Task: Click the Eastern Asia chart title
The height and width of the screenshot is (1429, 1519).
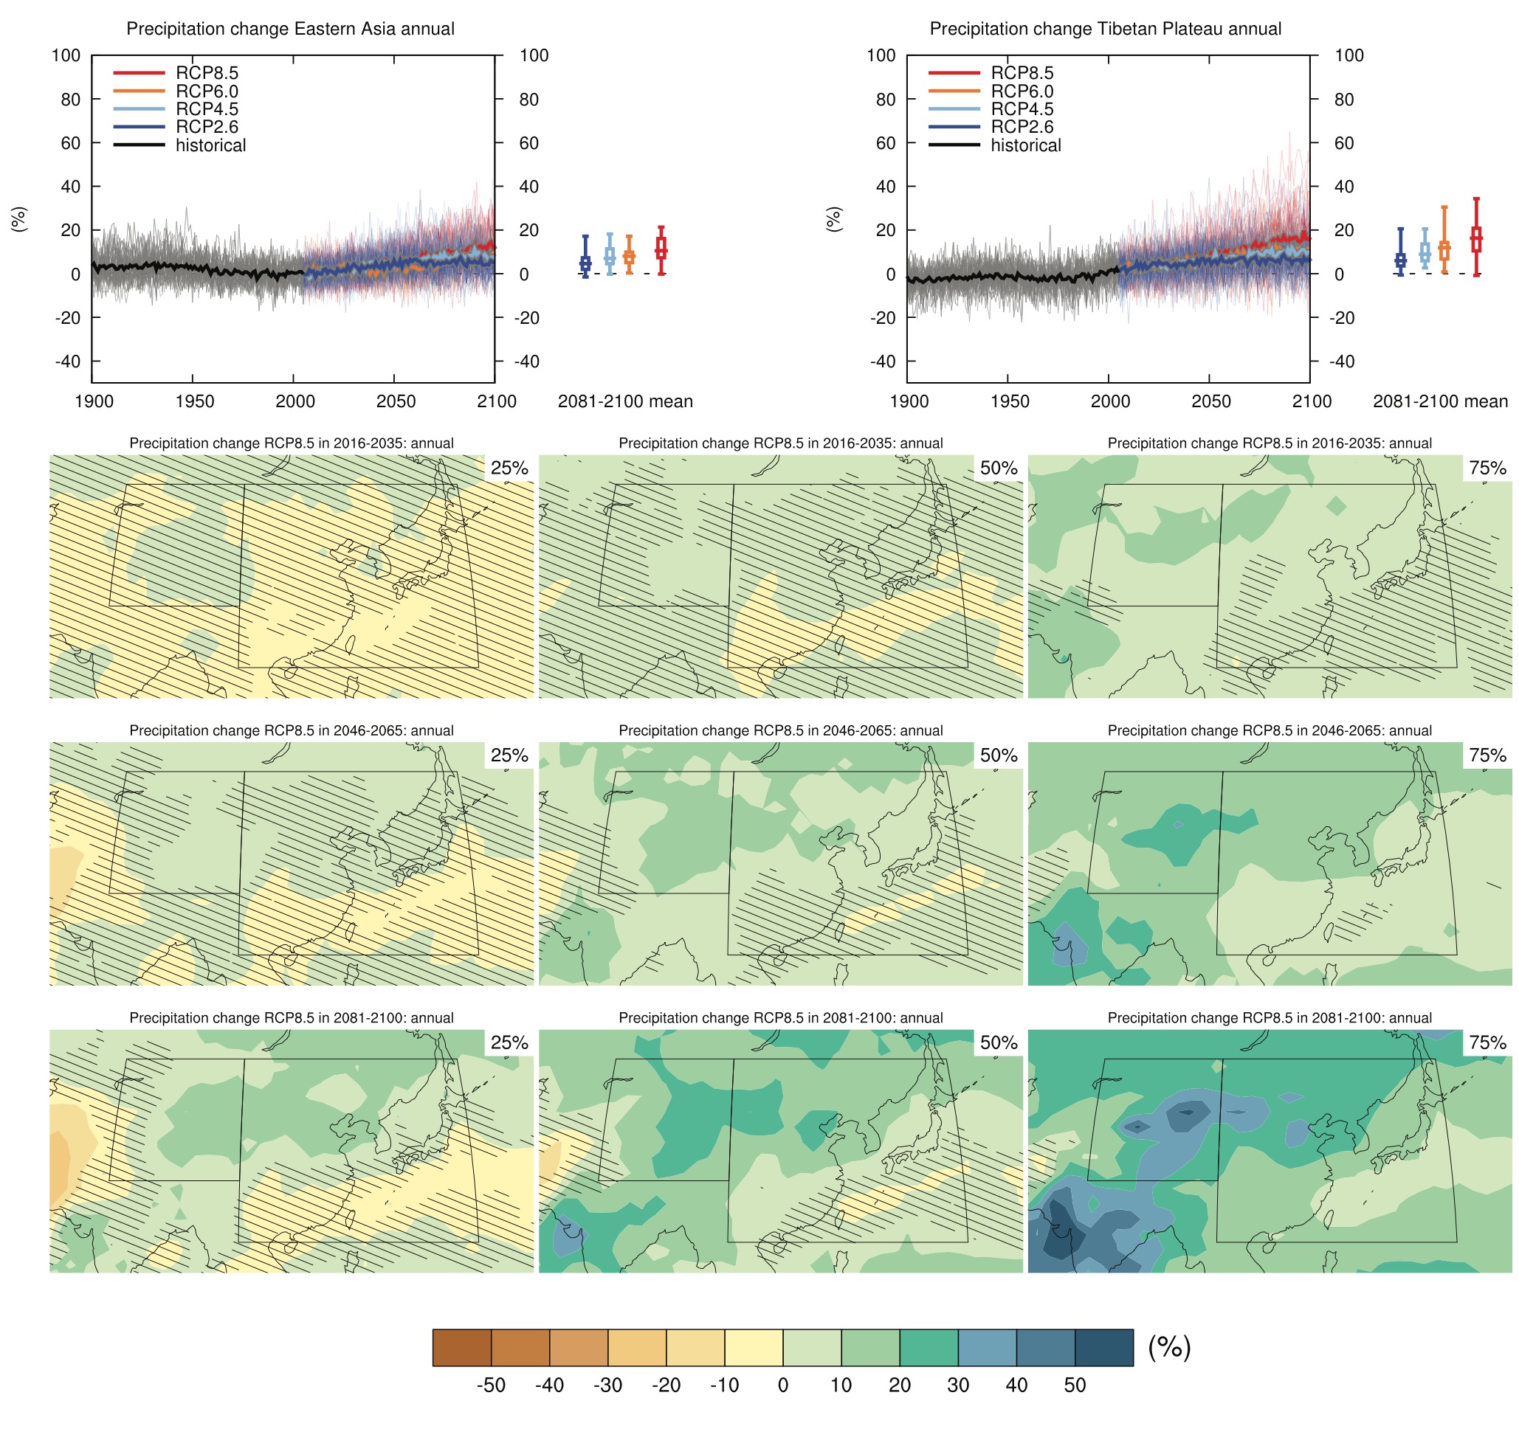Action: [x=290, y=29]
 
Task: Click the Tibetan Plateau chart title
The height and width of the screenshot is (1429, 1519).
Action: [x=1105, y=29]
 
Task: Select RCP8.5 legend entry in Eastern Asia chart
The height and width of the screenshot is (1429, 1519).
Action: [x=207, y=73]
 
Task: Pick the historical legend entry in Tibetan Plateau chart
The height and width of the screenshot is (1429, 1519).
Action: [x=1025, y=146]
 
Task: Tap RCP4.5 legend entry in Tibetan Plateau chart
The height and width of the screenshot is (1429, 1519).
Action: [x=1022, y=109]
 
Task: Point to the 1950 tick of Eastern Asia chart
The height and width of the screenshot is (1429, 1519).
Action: [x=194, y=402]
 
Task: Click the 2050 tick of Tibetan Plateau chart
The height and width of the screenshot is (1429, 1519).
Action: [x=1211, y=402]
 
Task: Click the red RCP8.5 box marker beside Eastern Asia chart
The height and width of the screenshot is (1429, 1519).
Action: [x=661, y=249]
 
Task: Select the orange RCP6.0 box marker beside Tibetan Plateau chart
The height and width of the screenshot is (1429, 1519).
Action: [x=1444, y=250]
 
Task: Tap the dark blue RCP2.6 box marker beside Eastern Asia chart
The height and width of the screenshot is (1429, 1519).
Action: [x=585, y=263]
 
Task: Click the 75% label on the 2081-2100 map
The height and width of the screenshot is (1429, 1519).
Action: [x=1487, y=1042]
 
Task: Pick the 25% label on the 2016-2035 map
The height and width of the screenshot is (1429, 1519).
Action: [x=509, y=468]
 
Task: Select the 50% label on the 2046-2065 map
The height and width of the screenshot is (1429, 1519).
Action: [x=998, y=755]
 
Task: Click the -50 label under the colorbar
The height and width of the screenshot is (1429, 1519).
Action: [x=491, y=1385]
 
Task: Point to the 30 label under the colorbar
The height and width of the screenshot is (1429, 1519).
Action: [x=958, y=1385]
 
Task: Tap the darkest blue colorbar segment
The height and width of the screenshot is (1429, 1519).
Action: [x=1103, y=1347]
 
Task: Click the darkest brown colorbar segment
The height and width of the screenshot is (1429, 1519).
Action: [x=461, y=1347]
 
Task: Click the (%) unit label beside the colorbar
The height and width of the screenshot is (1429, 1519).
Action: [x=1169, y=1346]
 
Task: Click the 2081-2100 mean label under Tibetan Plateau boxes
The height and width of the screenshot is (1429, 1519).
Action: [x=1439, y=402]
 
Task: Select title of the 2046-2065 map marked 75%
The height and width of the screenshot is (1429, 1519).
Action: [x=1269, y=731]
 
